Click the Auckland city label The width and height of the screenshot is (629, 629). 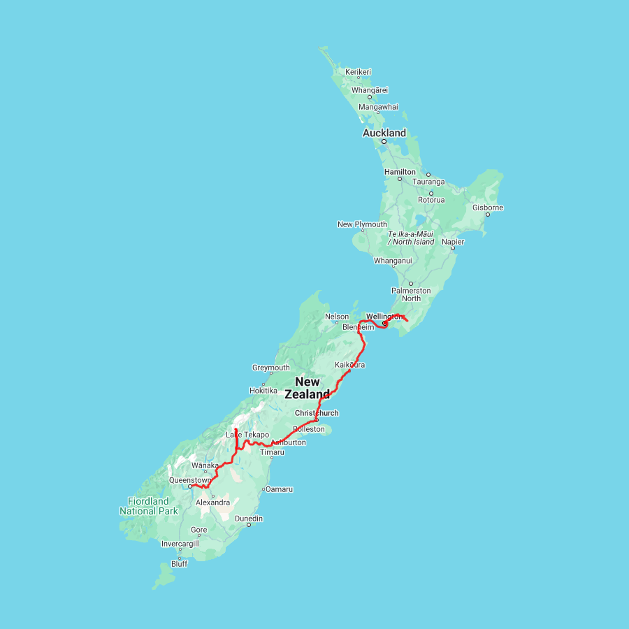384,133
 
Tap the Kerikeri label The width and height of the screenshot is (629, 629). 358,71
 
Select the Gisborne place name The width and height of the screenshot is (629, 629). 488,208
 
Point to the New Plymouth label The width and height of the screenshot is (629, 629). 362,224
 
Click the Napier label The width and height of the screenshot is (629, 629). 452,242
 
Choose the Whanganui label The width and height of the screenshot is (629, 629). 393,261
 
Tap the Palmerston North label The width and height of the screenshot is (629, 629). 411,294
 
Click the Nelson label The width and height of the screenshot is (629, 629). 337,317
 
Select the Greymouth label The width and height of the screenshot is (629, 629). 270,368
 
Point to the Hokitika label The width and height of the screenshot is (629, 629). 263,391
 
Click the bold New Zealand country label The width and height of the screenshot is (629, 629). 308,388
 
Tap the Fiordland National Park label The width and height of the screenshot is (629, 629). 148,506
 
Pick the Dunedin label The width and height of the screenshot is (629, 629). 249,519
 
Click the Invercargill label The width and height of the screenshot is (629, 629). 180,543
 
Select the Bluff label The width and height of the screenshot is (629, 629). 179,564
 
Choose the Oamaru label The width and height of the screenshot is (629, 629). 279,489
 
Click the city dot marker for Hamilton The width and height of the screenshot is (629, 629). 400,179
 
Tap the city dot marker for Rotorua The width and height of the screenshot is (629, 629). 431,193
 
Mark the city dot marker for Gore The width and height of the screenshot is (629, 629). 198,537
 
